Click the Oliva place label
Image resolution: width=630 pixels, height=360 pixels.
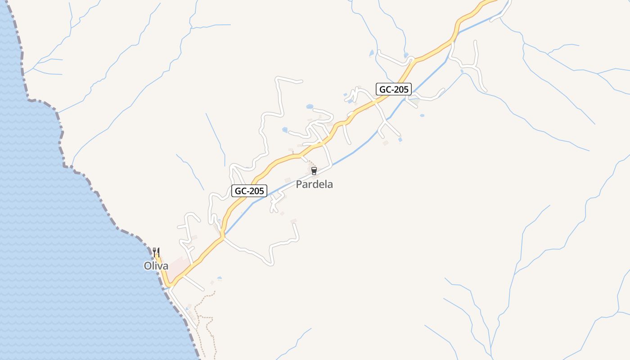156,266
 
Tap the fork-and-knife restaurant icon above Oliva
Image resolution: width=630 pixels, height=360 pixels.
156,252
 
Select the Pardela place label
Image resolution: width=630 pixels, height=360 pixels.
314,184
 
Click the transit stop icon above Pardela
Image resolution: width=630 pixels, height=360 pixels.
314,171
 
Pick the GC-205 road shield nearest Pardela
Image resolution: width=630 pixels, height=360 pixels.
249,191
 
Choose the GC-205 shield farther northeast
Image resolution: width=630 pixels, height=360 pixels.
394,89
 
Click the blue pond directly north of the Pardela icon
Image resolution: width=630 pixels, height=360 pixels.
310,107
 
